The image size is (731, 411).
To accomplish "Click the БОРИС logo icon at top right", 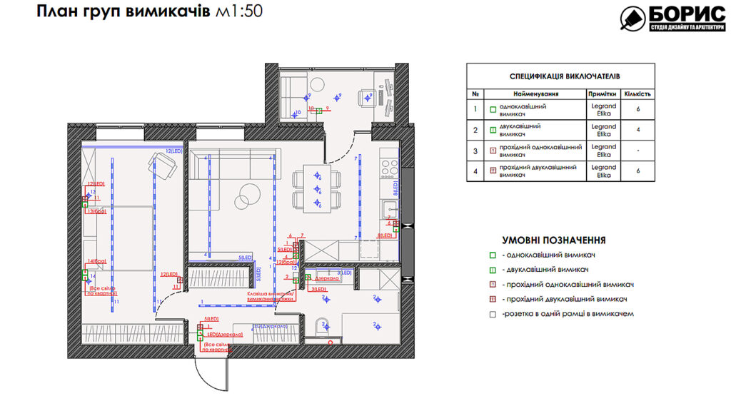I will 632,19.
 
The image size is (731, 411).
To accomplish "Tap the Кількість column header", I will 637,93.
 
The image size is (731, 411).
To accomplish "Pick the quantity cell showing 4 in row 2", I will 637,129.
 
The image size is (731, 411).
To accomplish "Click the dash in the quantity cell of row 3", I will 637,151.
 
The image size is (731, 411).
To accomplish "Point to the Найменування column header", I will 534,93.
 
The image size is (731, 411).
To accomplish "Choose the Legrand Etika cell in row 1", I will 603,109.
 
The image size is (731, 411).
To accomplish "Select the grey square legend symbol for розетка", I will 493,313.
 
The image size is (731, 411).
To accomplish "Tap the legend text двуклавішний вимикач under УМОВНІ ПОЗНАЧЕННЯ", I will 547,270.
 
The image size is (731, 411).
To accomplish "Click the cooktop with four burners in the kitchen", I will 390,168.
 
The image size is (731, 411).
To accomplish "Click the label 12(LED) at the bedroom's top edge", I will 174,151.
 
